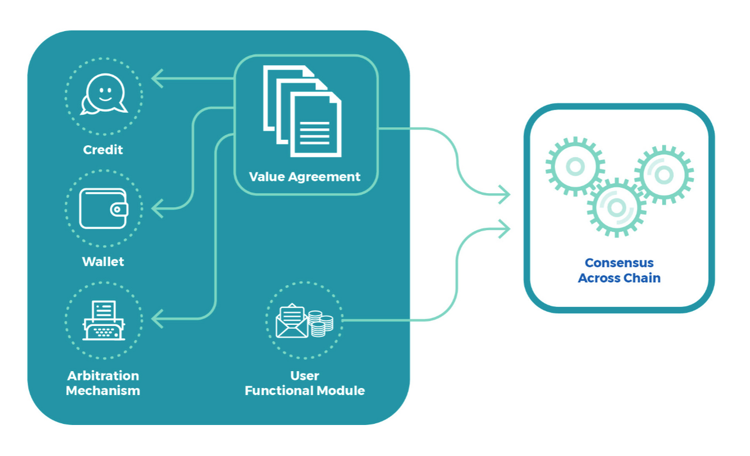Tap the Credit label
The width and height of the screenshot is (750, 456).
(x=103, y=150)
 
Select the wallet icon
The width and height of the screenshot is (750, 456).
(x=103, y=208)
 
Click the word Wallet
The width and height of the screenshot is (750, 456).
(x=103, y=262)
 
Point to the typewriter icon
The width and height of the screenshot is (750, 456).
(x=104, y=320)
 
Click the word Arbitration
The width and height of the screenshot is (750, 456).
(x=103, y=376)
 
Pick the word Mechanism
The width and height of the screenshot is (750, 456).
(x=103, y=390)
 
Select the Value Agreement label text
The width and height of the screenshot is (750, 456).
(x=305, y=176)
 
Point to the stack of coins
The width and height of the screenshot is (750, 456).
(x=321, y=324)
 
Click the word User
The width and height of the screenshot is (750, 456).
(x=305, y=376)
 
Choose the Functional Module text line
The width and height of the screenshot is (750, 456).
(x=305, y=390)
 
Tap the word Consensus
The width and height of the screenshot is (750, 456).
(x=619, y=263)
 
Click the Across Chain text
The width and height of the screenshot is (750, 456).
(x=619, y=278)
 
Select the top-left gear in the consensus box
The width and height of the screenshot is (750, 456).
(x=575, y=166)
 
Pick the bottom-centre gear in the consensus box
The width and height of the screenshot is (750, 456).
(x=616, y=207)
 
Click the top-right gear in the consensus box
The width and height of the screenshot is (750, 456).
(x=664, y=174)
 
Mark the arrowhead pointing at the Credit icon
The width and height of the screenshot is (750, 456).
(x=156, y=78)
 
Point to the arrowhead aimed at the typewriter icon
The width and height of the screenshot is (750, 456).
(x=156, y=319)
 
